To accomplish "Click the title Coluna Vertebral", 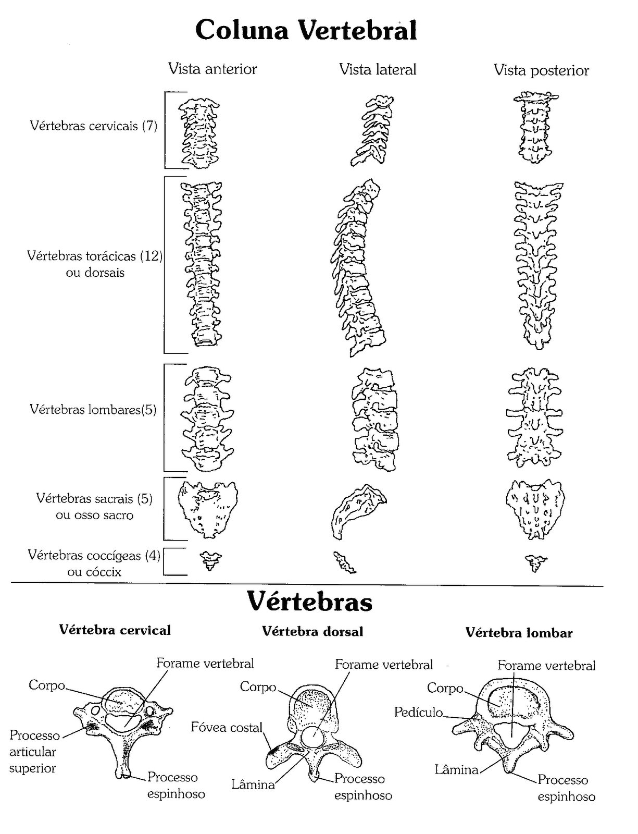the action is point(306,30).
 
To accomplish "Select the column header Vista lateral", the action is point(377,69).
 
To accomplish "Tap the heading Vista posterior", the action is point(541,70).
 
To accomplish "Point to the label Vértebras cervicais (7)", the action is point(94,126).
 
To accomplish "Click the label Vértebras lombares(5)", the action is point(93,410).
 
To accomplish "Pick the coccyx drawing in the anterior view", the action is point(210,560).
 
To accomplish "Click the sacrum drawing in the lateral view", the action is point(358,510).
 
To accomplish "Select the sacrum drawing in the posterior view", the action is point(534,509).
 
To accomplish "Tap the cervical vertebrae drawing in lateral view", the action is point(371,130).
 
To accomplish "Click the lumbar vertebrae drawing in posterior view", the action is point(534,417).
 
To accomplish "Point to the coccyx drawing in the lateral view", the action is point(344,562).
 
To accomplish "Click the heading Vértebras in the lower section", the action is point(309,602).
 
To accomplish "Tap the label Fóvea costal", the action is point(227,727).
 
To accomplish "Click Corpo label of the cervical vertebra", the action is point(47,685).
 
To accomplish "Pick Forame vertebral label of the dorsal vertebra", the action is point(384,665).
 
